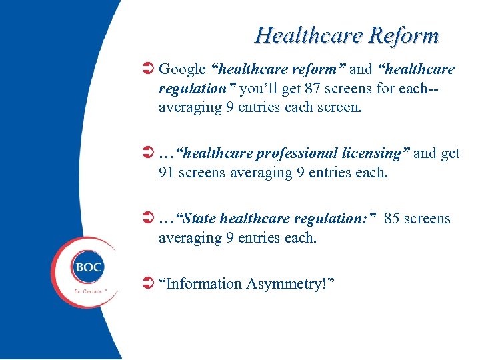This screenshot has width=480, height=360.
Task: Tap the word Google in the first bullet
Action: coord(182,69)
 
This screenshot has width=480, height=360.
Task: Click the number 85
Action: coord(392,219)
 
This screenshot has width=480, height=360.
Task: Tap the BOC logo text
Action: coord(88,267)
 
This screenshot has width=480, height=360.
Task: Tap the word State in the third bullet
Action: coord(199,219)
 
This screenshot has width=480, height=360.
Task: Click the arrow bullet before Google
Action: coord(149,69)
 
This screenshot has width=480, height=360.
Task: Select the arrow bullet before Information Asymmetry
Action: coord(149,284)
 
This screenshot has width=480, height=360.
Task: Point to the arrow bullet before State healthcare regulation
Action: coord(149,219)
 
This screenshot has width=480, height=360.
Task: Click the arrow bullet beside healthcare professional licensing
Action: coord(149,153)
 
